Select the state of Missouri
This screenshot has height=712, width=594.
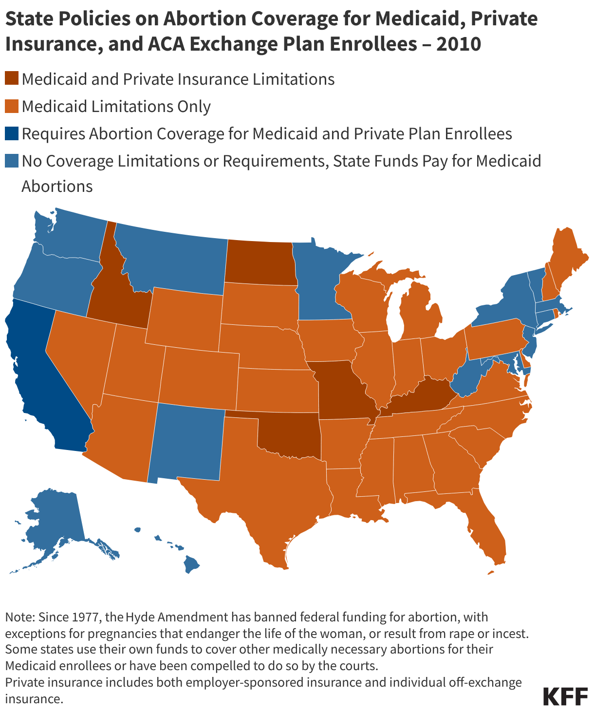[x=341, y=390]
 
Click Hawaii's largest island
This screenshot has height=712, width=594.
[x=191, y=565]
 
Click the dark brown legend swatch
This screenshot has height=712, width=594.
[x=12, y=79]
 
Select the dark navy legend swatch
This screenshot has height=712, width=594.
[x=12, y=133]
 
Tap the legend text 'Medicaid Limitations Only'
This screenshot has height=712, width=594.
[x=116, y=106]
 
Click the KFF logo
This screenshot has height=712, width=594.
[x=565, y=696]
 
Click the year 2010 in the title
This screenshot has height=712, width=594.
[x=459, y=44]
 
